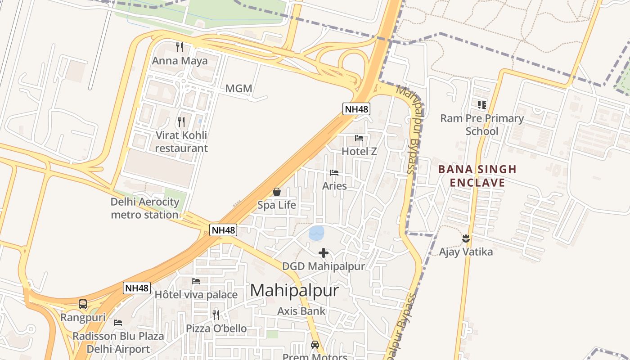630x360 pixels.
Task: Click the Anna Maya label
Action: click(x=180, y=61)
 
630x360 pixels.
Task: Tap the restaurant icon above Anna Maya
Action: click(x=180, y=47)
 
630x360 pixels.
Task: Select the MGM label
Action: click(x=238, y=89)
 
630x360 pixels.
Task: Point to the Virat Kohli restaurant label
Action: click(x=181, y=142)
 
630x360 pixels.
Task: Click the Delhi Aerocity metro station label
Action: click(x=145, y=208)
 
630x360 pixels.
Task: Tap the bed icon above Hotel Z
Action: click(x=359, y=138)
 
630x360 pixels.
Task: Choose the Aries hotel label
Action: click(x=334, y=186)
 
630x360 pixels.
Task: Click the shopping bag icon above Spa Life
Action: click(x=277, y=192)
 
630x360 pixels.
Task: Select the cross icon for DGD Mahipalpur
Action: click(x=323, y=253)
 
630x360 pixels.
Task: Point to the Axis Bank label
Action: click(x=301, y=311)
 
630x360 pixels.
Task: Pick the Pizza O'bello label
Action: click(x=216, y=328)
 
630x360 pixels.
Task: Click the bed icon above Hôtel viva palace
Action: click(x=196, y=281)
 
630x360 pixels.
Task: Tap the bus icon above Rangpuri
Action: click(x=83, y=304)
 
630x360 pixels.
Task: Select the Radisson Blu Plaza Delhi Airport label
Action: click(x=118, y=342)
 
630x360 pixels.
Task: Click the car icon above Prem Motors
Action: click(x=315, y=345)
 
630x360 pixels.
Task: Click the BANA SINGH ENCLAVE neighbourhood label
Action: click(x=477, y=176)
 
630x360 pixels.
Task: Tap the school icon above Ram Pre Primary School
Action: click(x=482, y=105)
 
